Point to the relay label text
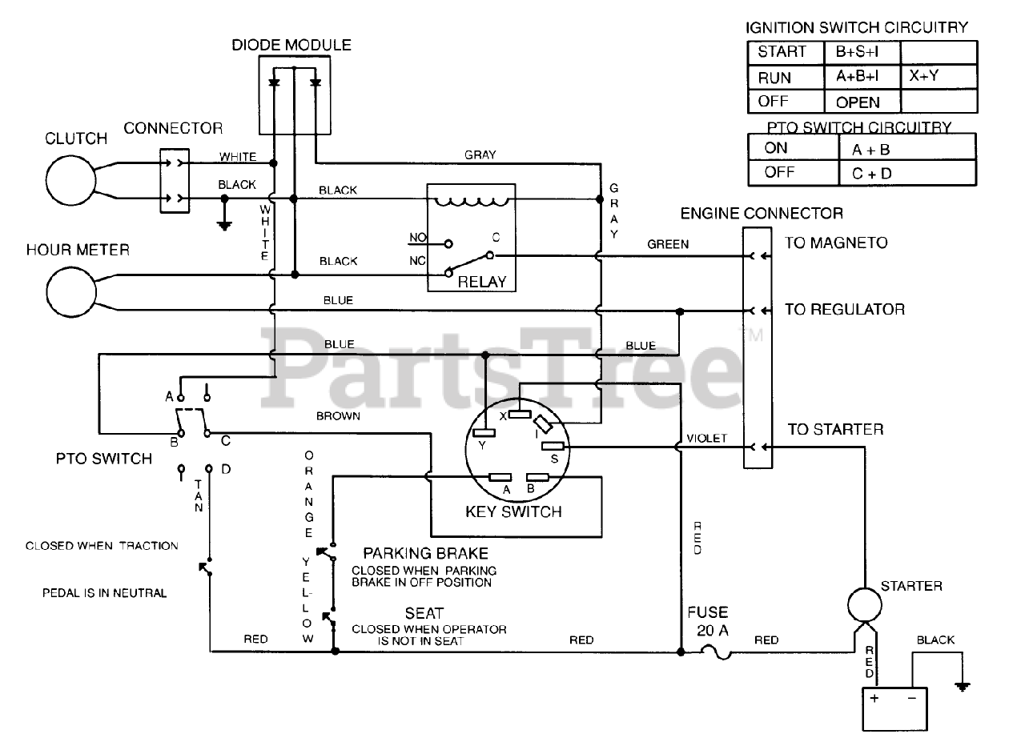point(482,282)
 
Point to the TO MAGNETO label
point(835,243)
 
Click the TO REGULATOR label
point(844,310)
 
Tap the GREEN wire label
point(667,244)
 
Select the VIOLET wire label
point(707,439)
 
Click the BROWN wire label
point(338,416)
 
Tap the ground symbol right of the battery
point(963,686)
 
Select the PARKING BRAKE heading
point(425,554)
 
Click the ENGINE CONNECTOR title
point(761,214)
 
